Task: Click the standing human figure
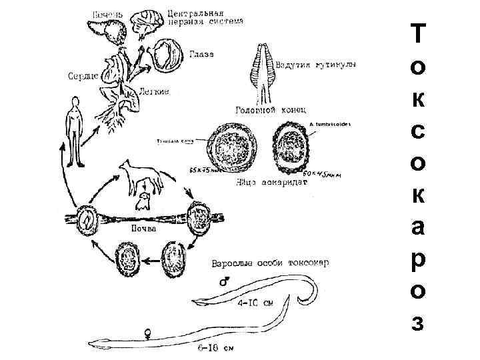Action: pos(75,131)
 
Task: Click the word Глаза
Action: pos(201,54)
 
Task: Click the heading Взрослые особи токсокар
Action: pos(269,262)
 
